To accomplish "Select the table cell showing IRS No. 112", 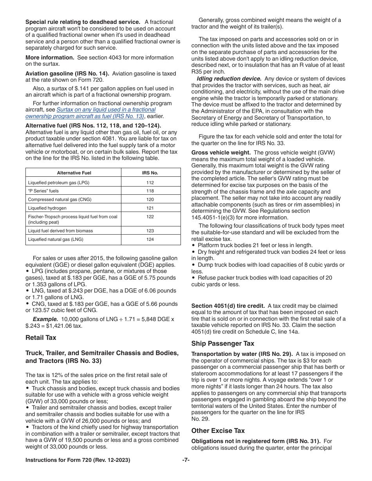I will pos(150,183).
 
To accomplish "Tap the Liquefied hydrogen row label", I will pos(47,208).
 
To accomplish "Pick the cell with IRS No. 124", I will pos(150,239).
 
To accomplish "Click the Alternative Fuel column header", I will pos(74,173).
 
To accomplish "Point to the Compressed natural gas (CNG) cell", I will pos(60,199).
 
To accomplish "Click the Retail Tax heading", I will pos(41,337).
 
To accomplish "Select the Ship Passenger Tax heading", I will pos(222,343).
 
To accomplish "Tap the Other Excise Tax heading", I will pos(218,431).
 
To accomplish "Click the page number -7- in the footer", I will pos(186,460).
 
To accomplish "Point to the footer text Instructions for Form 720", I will pos(78,460).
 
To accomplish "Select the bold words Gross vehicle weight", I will pos(221,153).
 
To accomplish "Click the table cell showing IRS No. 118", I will pos(150,191).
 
